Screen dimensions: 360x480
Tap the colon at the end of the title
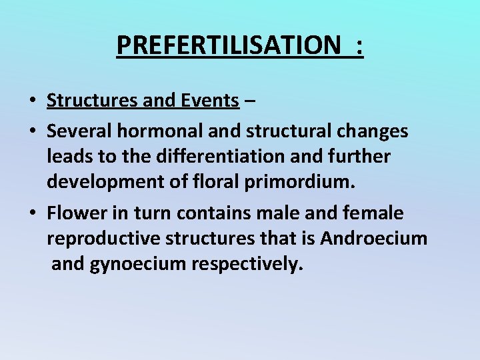(x=360, y=47)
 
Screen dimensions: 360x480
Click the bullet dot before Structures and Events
(x=32, y=102)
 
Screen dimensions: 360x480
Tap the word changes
(x=369, y=131)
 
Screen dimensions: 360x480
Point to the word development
(x=104, y=182)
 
